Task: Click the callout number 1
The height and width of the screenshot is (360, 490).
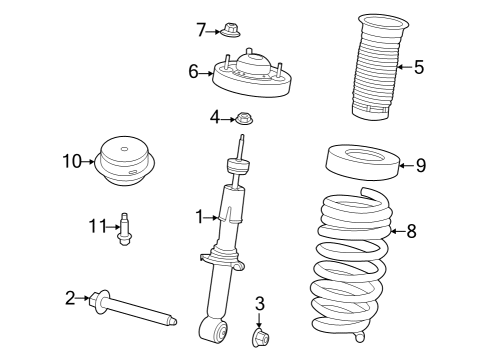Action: coord(199,215)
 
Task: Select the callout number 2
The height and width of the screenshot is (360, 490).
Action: coord(70,296)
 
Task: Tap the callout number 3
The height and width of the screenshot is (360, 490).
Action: coord(259,303)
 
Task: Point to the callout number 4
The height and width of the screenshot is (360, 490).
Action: coord(215,118)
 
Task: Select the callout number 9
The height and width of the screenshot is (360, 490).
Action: coord(420,165)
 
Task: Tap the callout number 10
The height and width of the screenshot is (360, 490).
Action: coord(70,160)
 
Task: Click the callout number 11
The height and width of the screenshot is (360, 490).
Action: coord(97,226)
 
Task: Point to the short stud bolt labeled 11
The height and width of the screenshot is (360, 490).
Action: coord(125,227)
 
